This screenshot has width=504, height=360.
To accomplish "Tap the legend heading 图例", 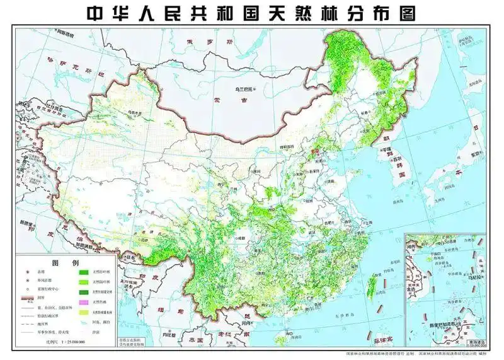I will point(67,262).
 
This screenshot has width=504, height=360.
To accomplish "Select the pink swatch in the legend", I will point(83,302).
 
